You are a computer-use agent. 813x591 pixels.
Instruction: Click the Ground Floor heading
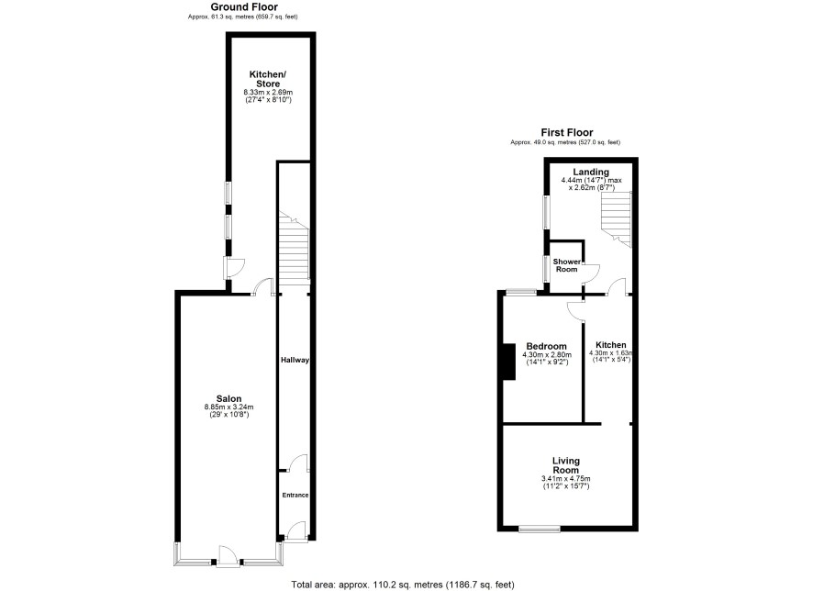coord(244,7)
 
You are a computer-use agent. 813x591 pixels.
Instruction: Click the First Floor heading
coord(567,133)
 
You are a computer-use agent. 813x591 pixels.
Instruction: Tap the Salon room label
coord(228,398)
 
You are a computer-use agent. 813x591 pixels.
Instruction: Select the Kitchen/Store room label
coord(268,79)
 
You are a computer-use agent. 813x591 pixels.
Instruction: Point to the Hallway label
coord(295,360)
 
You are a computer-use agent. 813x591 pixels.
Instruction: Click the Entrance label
coord(295,495)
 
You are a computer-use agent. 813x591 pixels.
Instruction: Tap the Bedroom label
coord(547,346)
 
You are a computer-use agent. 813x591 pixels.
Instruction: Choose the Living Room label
coord(565,465)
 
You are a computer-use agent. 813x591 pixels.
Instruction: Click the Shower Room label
coord(566,265)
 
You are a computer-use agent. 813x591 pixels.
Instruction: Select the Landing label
coord(591,173)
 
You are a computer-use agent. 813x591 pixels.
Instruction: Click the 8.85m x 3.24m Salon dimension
coord(228,407)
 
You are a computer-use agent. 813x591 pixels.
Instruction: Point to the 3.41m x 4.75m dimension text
coord(565,478)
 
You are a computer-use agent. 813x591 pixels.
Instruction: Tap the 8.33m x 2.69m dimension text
coord(268,93)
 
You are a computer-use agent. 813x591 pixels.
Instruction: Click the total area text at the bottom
coord(403,585)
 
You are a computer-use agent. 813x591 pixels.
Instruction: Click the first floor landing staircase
coord(617,219)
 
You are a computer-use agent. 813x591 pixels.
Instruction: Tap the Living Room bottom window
coord(540,529)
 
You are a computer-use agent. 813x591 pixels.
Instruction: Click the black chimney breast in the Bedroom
coord(509,362)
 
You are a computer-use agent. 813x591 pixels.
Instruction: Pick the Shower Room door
coord(591,273)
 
